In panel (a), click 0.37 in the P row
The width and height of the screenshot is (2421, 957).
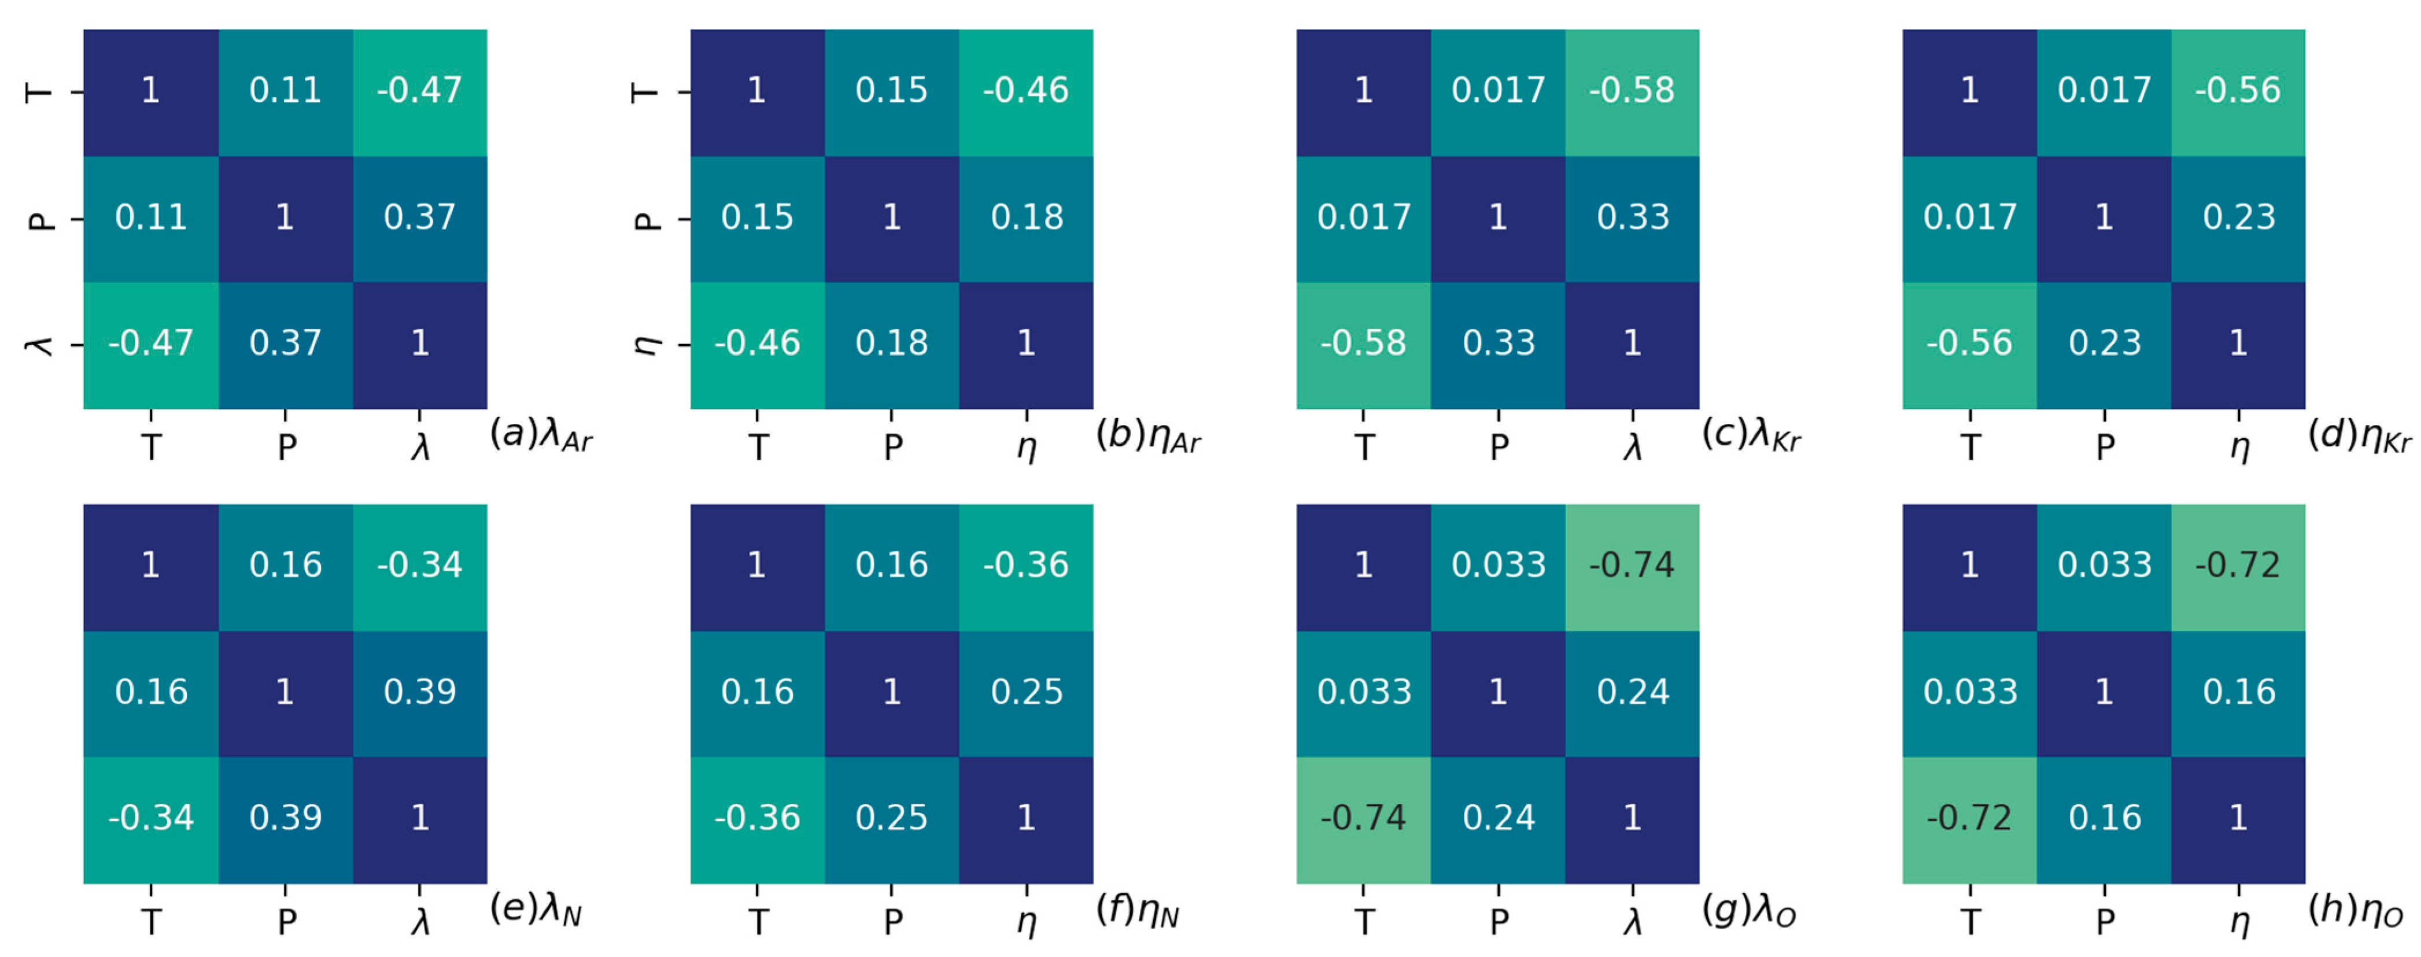coord(419,217)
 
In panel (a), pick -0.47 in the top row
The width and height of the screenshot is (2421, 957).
coord(419,90)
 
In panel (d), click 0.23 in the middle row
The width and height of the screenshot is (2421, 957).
coord(2239,217)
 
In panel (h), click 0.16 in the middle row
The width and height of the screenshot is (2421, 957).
coord(2239,692)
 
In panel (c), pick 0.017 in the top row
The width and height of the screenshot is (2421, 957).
coord(1498,90)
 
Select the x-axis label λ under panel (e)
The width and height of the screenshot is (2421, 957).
coord(420,922)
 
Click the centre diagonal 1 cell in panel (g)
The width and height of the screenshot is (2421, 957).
coord(1498,692)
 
